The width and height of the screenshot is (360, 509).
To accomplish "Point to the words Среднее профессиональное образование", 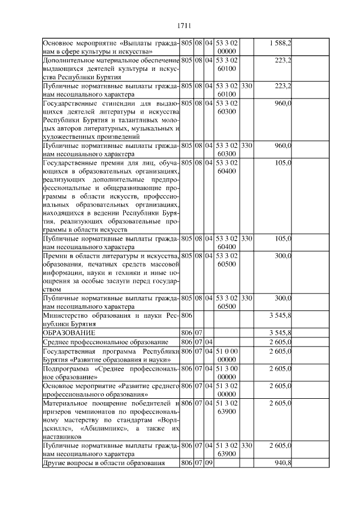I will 106,341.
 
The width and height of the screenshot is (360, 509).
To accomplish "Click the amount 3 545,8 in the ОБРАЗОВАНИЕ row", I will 280,333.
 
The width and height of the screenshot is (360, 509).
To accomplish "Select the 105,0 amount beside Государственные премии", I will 282,163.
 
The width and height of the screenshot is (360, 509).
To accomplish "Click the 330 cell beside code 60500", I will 246,298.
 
